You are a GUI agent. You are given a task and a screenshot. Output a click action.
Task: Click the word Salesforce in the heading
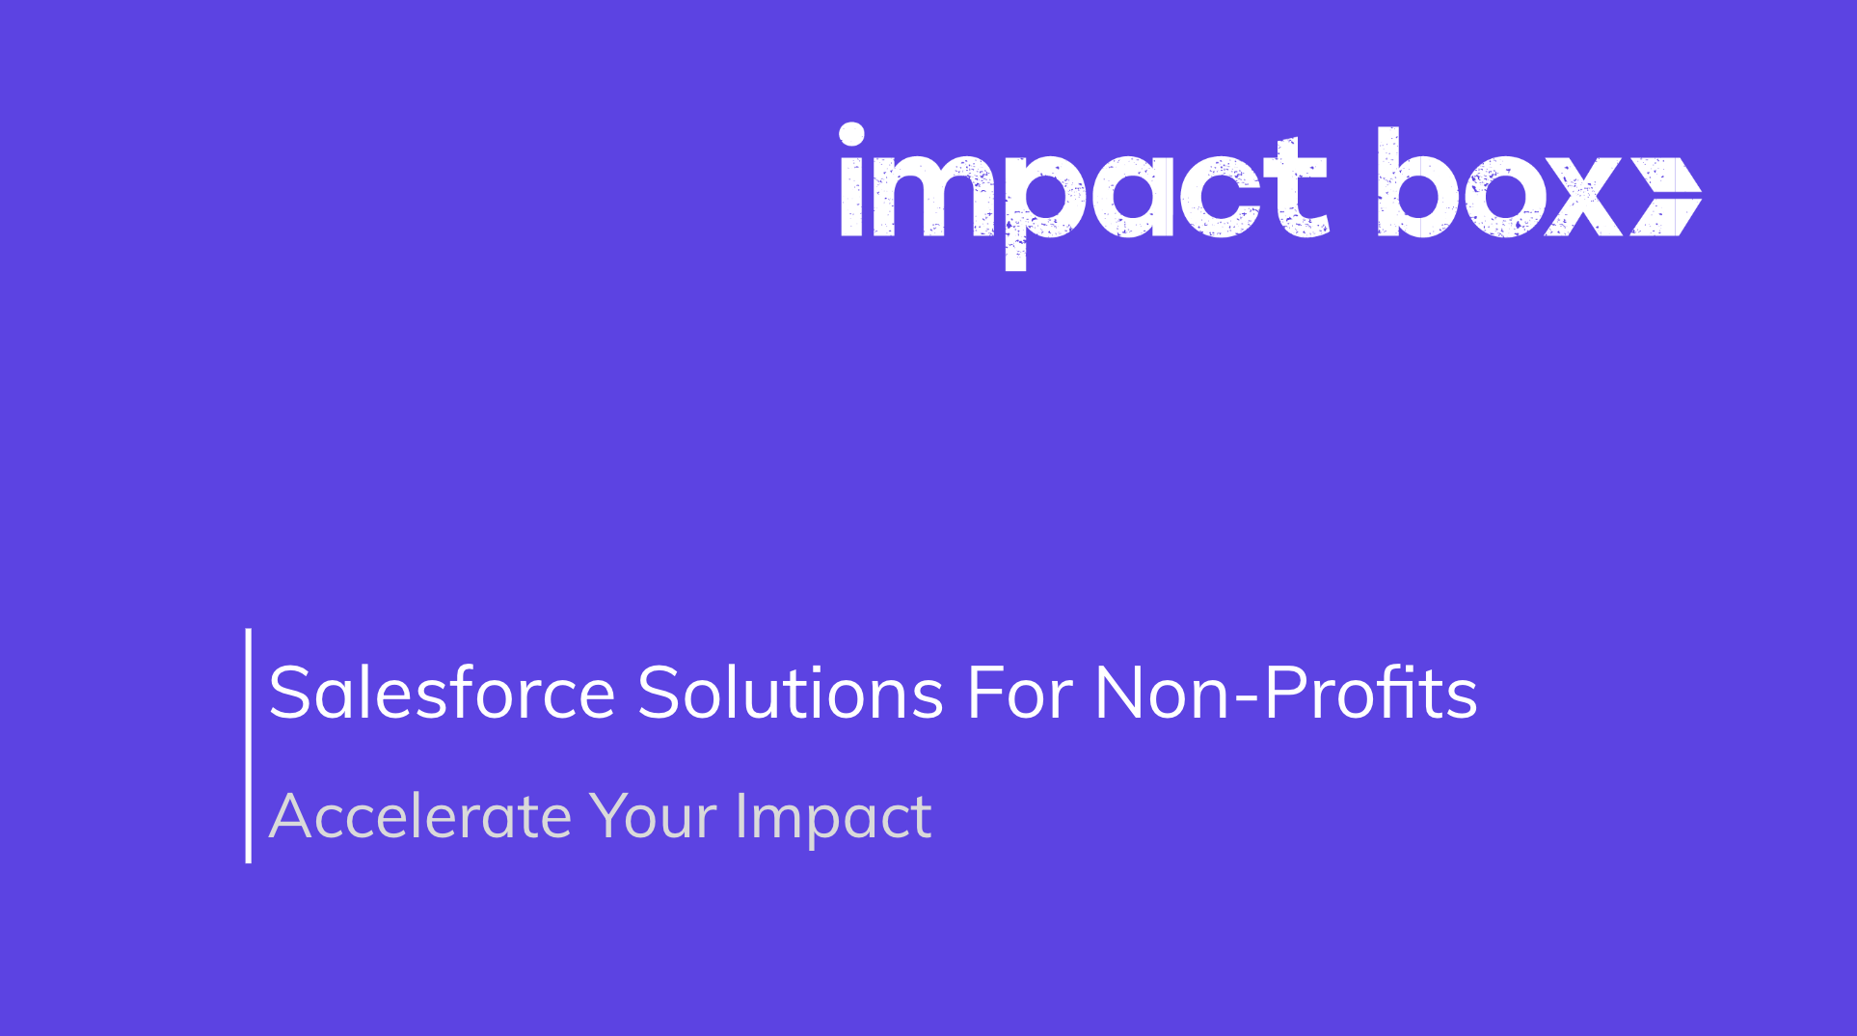pos(442,693)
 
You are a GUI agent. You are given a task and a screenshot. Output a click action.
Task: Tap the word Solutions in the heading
pos(790,693)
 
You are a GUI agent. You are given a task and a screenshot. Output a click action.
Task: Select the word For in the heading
pos(1019,693)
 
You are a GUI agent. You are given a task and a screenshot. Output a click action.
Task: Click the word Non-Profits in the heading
pos(1285,693)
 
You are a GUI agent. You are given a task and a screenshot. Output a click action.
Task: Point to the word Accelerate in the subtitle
pos(420,816)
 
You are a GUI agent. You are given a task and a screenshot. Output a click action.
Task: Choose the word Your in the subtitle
pos(653,816)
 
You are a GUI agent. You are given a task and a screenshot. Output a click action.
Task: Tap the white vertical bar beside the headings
pos(249,745)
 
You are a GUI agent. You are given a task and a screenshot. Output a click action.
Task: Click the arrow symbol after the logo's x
pos(1665,197)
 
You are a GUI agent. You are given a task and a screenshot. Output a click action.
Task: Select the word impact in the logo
pos(1084,193)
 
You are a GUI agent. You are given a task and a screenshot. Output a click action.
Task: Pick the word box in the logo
pos(1500,188)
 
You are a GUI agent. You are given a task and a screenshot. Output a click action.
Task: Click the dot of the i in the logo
pos(851,134)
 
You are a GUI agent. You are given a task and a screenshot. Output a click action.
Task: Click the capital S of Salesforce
pos(293,693)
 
